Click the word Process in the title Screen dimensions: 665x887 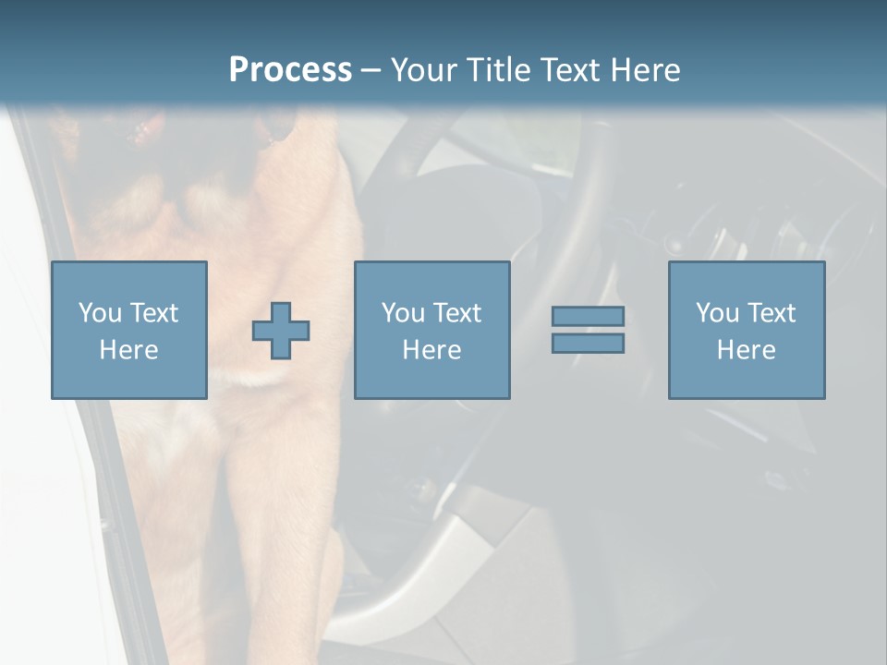[290, 70]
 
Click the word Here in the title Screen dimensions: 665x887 [646, 70]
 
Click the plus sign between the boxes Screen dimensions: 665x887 [281, 331]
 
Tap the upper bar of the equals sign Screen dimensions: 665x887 [588, 316]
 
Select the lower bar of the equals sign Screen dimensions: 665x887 [588, 343]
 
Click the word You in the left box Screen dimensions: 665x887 [99, 313]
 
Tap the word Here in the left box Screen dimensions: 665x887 [128, 350]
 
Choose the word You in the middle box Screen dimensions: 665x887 [403, 313]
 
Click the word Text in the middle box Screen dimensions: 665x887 [456, 313]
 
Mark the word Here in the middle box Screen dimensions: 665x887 [431, 350]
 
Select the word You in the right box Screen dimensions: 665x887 [717, 313]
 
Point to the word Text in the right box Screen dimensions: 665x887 [771, 313]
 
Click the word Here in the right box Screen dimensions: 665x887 [746, 350]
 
